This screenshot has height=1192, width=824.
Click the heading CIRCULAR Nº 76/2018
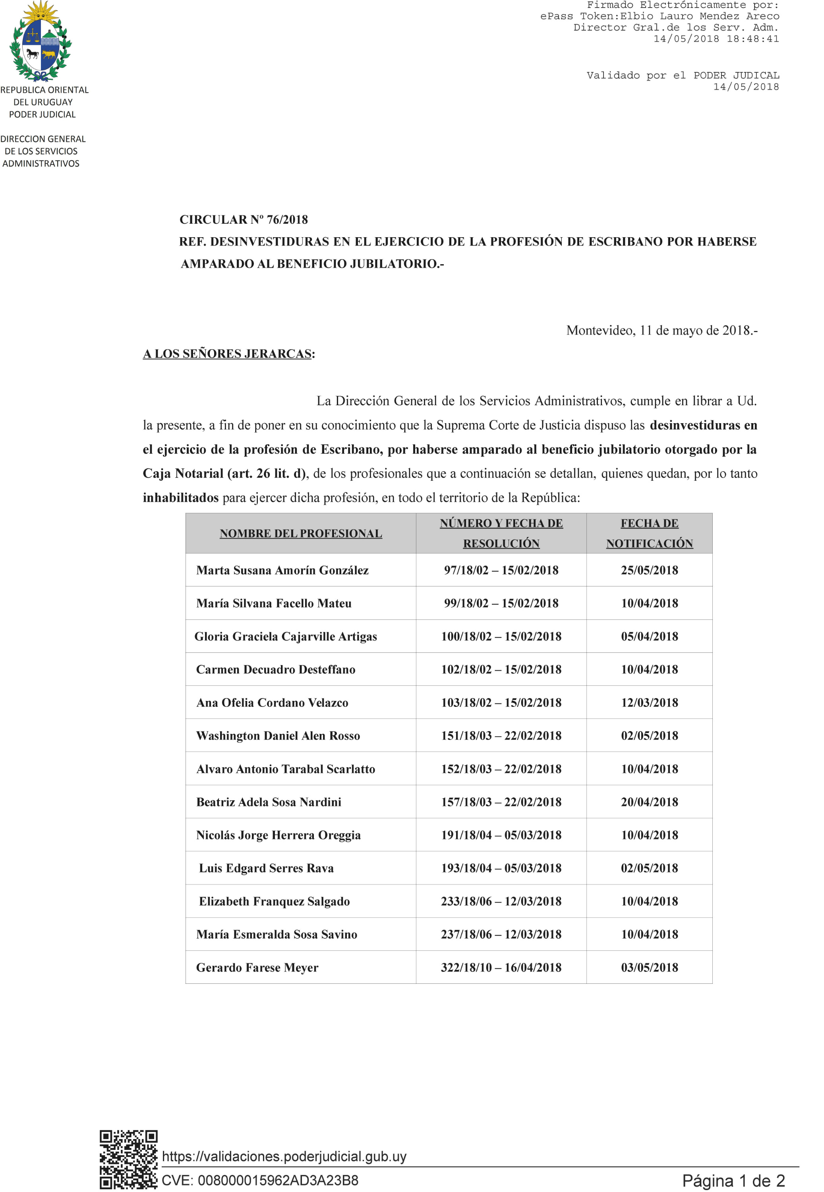(x=243, y=219)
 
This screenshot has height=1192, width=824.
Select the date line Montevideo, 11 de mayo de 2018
(x=662, y=331)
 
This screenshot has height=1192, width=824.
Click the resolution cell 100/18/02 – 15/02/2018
(x=501, y=636)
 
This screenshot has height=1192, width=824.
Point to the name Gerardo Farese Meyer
(x=257, y=968)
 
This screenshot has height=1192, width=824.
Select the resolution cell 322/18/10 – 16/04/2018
(x=501, y=968)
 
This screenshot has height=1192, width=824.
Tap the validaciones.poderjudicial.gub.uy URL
(x=284, y=1156)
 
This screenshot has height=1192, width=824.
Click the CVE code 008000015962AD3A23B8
(x=260, y=1180)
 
